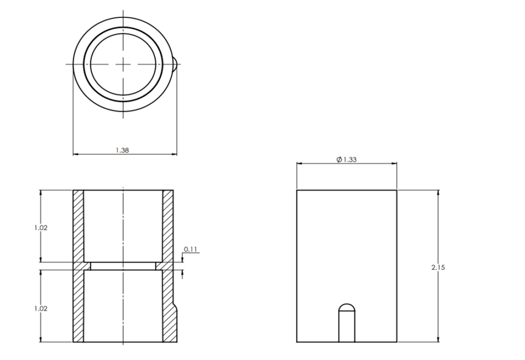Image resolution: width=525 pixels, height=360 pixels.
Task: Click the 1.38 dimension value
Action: [122, 150]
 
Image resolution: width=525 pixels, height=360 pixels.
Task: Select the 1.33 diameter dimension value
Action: [350, 159]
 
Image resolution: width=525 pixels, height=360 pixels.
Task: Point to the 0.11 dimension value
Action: [191, 250]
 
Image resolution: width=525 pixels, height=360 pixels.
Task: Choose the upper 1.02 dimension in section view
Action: [41, 227]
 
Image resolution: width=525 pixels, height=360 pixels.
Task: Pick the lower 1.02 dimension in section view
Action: [41, 309]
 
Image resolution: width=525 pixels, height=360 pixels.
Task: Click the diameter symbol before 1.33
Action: [339, 159]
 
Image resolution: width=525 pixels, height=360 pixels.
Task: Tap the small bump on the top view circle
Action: [175, 64]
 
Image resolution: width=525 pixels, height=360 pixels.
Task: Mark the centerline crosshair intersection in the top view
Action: [123, 64]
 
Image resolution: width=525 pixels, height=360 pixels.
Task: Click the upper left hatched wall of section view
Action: [78, 226]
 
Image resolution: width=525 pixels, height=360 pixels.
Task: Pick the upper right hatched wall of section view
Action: [168, 226]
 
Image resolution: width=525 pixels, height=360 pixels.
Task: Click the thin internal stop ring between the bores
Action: [123, 266]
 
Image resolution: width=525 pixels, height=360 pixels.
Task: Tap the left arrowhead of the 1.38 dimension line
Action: [75, 153]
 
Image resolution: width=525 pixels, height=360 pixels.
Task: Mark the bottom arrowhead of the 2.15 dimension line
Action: [438, 339]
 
